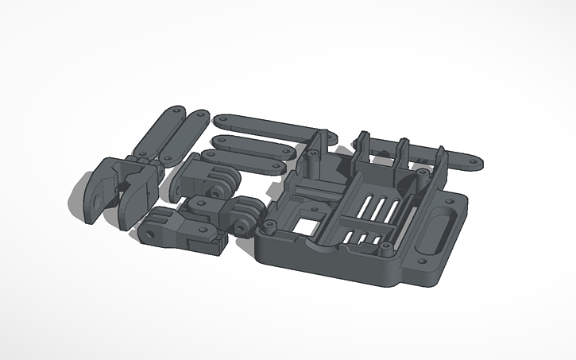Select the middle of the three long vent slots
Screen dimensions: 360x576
(372, 211)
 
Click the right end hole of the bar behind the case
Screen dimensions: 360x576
(474, 165)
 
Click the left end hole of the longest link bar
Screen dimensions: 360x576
(222, 120)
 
